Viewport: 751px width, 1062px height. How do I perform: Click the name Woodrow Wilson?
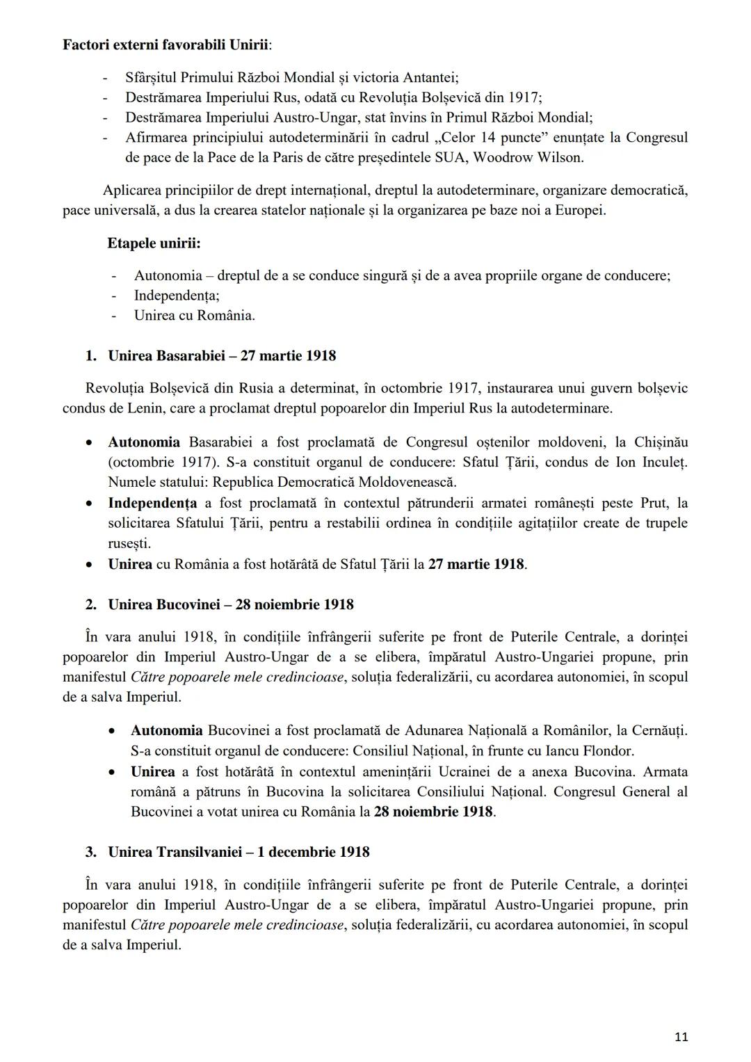click(528, 157)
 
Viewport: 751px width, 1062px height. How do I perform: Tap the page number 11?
click(681, 1037)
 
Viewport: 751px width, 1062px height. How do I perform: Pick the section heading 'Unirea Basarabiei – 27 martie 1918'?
click(222, 356)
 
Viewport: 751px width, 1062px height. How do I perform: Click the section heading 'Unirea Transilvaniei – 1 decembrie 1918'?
click(239, 852)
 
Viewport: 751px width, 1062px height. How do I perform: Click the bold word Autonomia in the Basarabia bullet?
click(144, 442)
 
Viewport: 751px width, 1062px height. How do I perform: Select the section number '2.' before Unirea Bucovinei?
click(91, 604)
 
